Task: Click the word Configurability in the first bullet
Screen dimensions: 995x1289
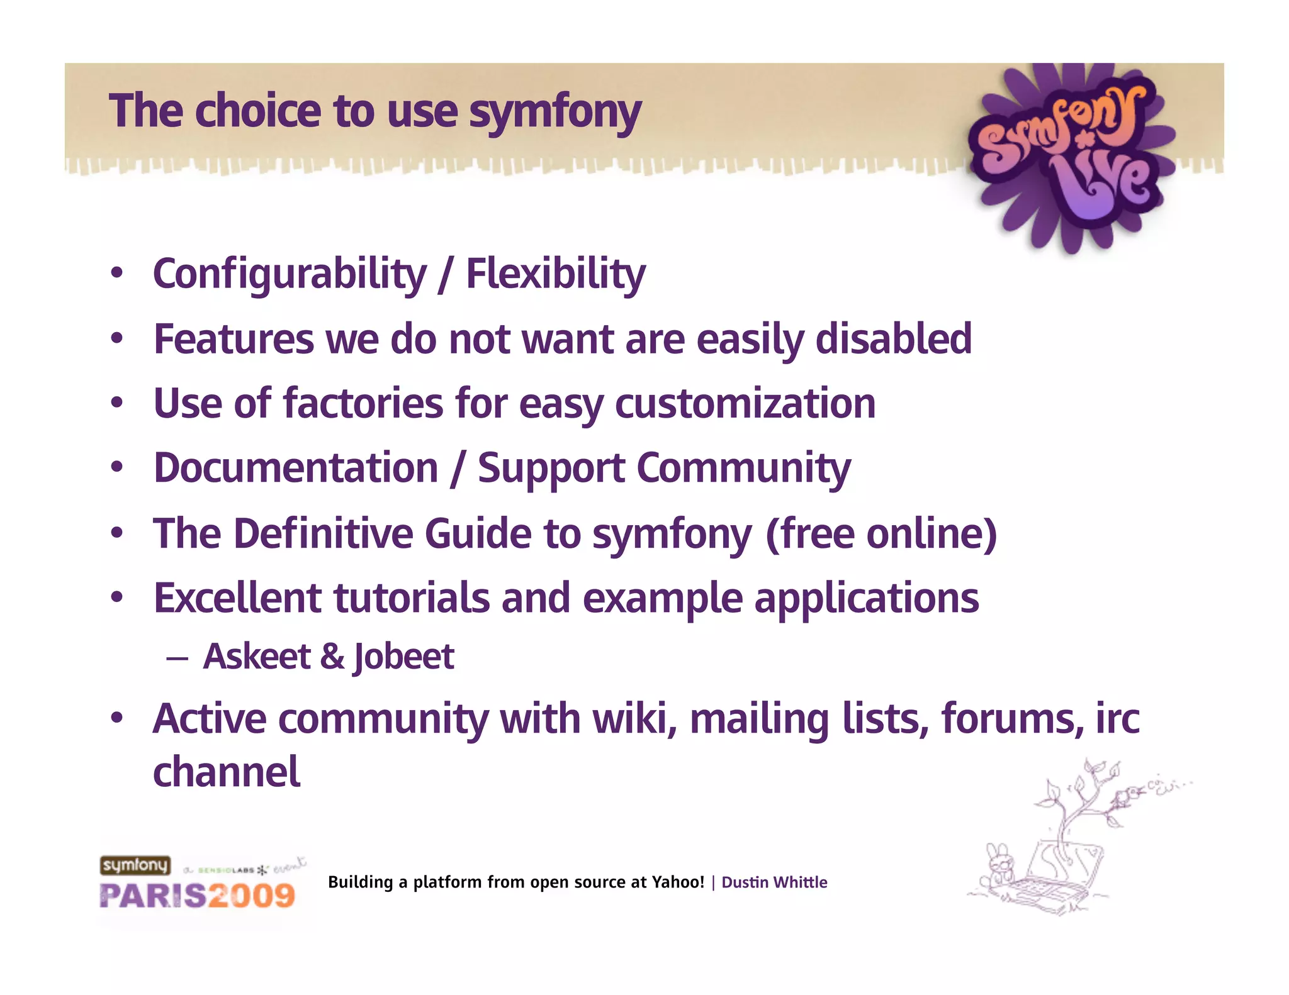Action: (290, 275)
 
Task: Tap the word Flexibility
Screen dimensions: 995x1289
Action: (555, 275)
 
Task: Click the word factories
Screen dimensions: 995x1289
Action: (363, 404)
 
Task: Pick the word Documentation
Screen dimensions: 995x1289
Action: (296, 469)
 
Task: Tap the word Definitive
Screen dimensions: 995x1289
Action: (322, 534)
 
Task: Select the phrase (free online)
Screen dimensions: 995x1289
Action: (881, 534)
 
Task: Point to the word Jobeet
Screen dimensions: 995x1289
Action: (403, 657)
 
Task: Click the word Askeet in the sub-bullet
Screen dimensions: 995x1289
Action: (257, 657)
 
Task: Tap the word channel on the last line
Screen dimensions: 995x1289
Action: (227, 772)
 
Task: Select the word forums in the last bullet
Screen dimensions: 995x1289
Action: (1011, 719)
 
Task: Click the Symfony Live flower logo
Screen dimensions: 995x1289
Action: (1070, 157)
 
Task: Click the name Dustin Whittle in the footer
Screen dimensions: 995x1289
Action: (774, 882)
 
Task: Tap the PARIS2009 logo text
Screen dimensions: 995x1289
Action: (197, 896)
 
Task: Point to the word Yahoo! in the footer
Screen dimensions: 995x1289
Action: (677, 882)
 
